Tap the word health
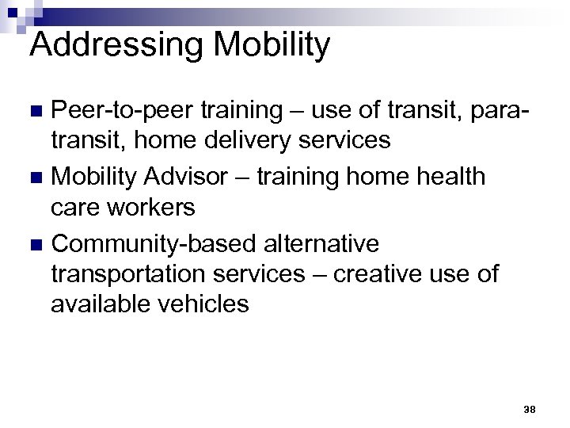445,175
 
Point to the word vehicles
204,305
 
